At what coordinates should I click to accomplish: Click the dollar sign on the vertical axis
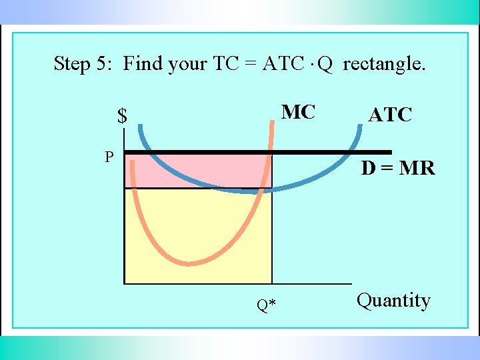pyautogui.click(x=122, y=117)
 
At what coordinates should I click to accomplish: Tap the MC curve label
pyautogui.click(x=298, y=112)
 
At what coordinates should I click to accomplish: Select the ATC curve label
pyautogui.click(x=390, y=115)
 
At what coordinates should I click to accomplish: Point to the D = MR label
pyautogui.click(x=398, y=169)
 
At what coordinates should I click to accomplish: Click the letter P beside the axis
pyautogui.click(x=109, y=157)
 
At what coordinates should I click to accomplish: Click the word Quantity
pyautogui.click(x=393, y=301)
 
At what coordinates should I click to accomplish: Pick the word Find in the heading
pyautogui.click(x=143, y=64)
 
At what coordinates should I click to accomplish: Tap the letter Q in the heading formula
pyautogui.click(x=325, y=64)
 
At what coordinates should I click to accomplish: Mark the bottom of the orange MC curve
pyautogui.click(x=190, y=263)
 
